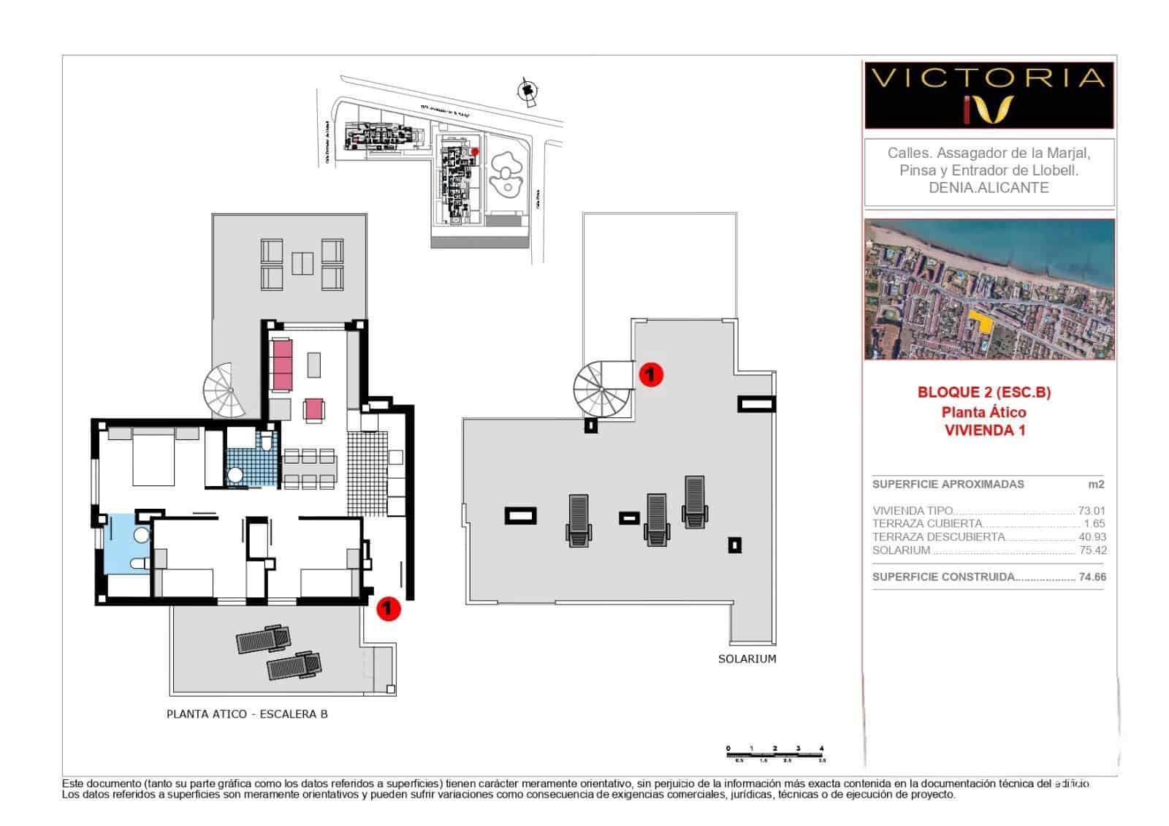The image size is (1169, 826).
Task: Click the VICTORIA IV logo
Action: pos(989,96)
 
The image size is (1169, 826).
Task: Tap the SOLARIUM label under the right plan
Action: pos(747,659)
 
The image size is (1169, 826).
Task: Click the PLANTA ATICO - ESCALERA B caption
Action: pos(247,714)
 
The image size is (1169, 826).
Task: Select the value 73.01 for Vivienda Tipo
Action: pos(1092,511)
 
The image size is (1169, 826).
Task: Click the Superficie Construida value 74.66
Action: pos(1092,577)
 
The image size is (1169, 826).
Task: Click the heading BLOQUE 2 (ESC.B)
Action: pos(983,393)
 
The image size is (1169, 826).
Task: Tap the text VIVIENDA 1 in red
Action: pos(984,431)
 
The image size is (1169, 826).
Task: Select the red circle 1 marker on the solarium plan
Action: pos(650,375)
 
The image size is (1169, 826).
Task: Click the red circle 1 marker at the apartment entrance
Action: pos(388,608)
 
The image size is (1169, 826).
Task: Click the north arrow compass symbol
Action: pos(525,91)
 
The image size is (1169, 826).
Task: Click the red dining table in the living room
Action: pos(314,409)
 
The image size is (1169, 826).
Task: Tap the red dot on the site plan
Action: pos(474,151)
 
